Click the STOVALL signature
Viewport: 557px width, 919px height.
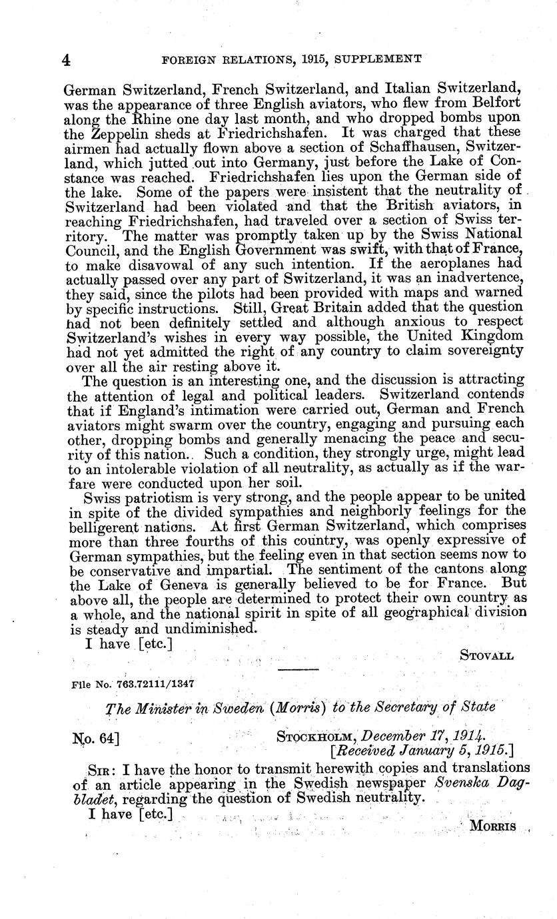(x=486, y=656)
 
